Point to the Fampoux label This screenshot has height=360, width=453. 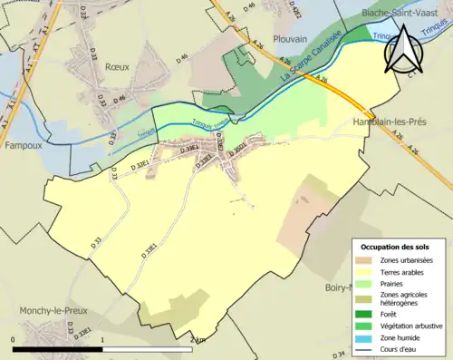[24, 145]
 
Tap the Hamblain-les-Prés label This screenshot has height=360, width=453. [390, 120]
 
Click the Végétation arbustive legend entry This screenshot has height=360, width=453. [409, 326]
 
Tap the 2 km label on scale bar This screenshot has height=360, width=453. [198, 340]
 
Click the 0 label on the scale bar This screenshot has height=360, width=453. [14, 340]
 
